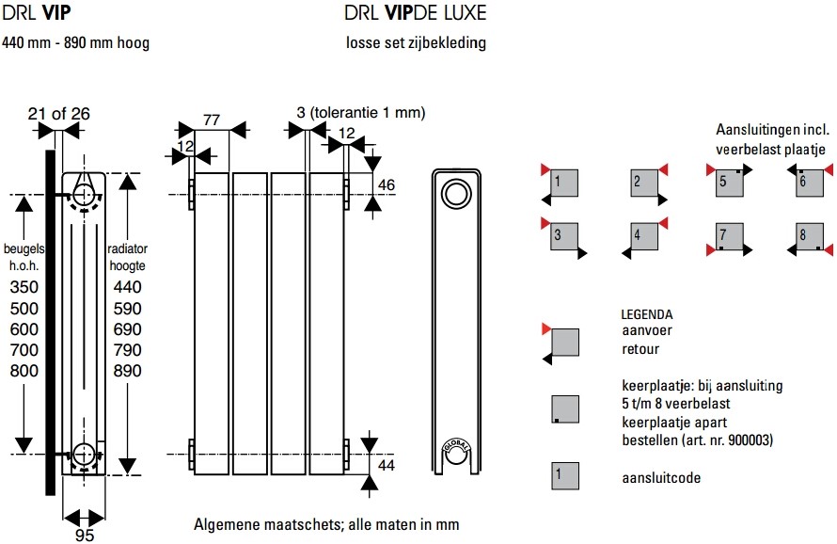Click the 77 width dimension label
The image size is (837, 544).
point(212,120)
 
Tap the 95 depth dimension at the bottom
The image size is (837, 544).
point(85,535)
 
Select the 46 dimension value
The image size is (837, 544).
point(386,184)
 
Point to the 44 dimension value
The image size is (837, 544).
point(386,465)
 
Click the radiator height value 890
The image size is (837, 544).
point(127,370)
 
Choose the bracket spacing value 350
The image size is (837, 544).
point(24,287)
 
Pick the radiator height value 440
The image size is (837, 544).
point(127,287)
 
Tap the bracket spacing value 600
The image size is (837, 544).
point(24,329)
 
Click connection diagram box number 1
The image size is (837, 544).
point(564,183)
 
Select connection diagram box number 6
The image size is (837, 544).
point(809,183)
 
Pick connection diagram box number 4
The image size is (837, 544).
point(644,236)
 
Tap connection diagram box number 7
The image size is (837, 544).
point(729,236)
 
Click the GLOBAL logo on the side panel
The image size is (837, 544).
point(456,445)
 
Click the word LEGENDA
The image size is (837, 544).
point(646,314)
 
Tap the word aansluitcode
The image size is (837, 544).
point(661,477)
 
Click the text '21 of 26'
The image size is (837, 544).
point(58,113)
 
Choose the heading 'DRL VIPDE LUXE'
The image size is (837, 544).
point(416,13)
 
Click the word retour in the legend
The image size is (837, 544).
point(640,349)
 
